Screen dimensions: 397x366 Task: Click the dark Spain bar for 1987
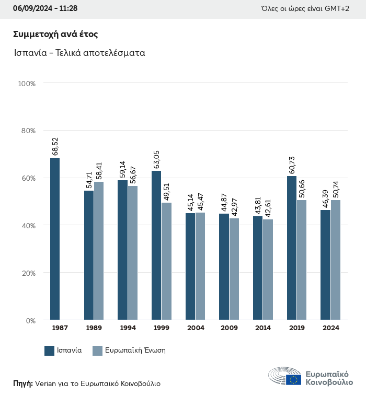coord(55,239)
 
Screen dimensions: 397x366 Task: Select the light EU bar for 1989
coord(99,251)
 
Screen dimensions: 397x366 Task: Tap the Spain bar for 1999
coord(156,245)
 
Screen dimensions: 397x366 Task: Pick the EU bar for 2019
coord(302,260)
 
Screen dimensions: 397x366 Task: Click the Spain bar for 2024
coord(325,265)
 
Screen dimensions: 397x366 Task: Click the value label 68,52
coord(55,146)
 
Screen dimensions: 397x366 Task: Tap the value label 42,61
coord(268,208)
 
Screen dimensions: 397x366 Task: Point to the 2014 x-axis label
coord(262,328)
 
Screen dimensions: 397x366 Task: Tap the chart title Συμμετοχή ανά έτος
coord(56,34)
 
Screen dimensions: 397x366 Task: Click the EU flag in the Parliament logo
coord(293,380)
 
